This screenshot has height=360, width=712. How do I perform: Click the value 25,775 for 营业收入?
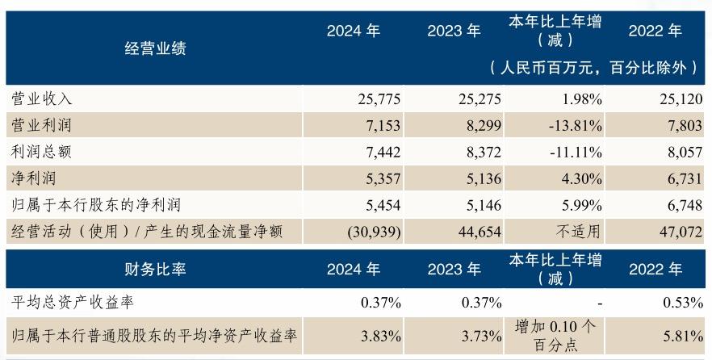pos(379,99)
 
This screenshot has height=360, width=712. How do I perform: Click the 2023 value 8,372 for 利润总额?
pos(481,152)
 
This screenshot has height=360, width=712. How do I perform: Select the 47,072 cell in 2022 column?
pos(679,232)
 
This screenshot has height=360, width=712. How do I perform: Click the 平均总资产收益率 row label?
pos(73,303)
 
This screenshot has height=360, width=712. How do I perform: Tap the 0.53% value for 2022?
pos(681,303)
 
